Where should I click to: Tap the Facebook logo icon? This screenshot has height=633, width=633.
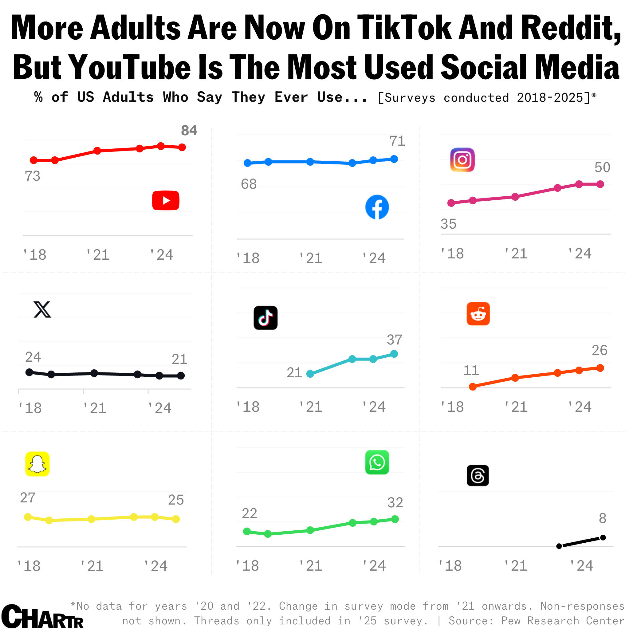pos(377,207)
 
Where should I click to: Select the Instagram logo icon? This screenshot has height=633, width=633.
pos(462,160)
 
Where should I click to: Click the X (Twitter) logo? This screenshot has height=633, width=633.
pos(42,309)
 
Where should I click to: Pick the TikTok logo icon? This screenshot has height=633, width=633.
pos(265,318)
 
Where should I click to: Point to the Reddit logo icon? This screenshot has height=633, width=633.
pos(478,313)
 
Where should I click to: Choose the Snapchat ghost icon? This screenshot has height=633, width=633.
pos(37,464)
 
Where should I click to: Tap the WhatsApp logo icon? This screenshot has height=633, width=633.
pos(377,462)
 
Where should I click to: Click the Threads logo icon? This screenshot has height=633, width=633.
pos(478,475)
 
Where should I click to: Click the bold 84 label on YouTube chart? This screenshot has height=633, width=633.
pos(189,131)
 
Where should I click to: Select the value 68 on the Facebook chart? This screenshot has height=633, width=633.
pos(249,184)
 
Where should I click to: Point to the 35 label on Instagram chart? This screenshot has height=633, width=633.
pos(448,224)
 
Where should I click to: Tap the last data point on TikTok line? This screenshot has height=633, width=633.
pos(394,354)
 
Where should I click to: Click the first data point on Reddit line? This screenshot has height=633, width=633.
pos(473,387)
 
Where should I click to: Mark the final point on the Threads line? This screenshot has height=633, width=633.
pos(603,538)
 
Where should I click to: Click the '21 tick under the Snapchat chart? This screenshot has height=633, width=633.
pos(92,566)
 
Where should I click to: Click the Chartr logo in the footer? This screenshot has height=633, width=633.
pos(43,617)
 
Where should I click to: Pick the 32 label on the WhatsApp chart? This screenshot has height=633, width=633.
pos(395,503)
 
